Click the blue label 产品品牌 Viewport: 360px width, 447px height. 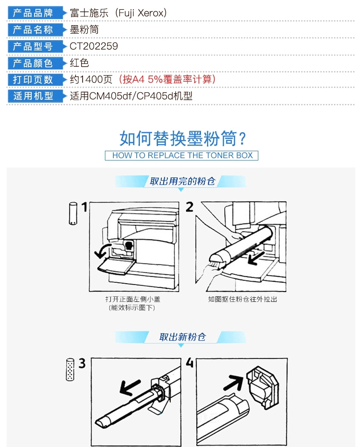tap(33, 13)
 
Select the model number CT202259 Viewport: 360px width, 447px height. tap(94, 46)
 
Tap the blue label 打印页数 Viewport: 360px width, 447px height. tap(33, 79)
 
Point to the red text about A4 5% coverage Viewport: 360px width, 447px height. tap(167, 79)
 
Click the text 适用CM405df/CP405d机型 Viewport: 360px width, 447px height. tap(131, 96)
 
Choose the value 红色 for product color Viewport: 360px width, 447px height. tap(79, 63)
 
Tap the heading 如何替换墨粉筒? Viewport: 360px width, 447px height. tap(182, 138)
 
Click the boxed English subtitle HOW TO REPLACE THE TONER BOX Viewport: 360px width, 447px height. tap(182, 155)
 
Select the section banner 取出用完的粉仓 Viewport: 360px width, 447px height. tap(182, 181)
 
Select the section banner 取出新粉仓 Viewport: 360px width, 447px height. tap(182, 337)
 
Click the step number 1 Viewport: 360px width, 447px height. tap(84, 207)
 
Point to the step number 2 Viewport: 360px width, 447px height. tap(189, 207)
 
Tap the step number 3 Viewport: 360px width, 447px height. tap(82, 363)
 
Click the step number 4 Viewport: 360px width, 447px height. tap(189, 363)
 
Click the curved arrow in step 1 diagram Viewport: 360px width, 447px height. tap(103, 250)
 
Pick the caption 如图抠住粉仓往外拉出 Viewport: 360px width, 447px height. tap(242, 299)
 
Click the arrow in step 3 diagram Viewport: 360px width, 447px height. tap(130, 387)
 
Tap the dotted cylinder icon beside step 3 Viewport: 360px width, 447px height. tap(70, 370)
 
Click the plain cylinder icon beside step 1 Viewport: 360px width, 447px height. tap(73, 214)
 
